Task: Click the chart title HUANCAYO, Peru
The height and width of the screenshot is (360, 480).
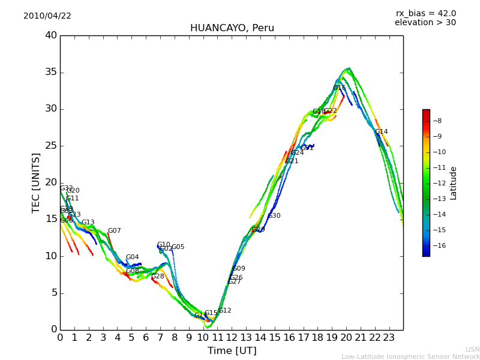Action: pyautogui.click(x=232, y=28)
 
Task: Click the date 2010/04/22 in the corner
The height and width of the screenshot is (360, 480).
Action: pyautogui.click(x=47, y=16)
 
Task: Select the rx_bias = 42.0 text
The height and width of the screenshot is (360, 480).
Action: pyautogui.click(x=425, y=14)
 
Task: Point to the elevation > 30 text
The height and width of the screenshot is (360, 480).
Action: pyautogui.click(x=425, y=23)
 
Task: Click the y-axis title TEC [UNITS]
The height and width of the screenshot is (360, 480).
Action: pyautogui.click(x=36, y=182)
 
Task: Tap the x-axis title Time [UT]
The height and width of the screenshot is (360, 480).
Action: pyautogui.click(x=232, y=351)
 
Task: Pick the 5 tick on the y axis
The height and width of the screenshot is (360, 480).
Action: pyautogui.click(x=53, y=293)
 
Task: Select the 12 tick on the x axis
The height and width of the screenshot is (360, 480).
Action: pyautogui.click(x=232, y=337)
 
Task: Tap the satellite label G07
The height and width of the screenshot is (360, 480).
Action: pyautogui.click(x=114, y=231)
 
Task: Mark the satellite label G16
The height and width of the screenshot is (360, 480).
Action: pyautogui.click(x=339, y=88)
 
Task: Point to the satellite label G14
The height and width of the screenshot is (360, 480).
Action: pyautogui.click(x=381, y=132)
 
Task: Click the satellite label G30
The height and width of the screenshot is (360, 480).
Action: pyautogui.click(x=274, y=216)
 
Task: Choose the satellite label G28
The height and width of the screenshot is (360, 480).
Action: pyautogui.click(x=157, y=277)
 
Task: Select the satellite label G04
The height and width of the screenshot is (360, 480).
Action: pyautogui.click(x=132, y=257)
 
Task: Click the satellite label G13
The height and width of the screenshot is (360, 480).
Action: pyautogui.click(x=88, y=223)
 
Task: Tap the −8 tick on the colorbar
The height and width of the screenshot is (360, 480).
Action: pyautogui.click(x=437, y=121)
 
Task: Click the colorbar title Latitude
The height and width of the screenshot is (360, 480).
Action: pyautogui.click(x=453, y=183)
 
